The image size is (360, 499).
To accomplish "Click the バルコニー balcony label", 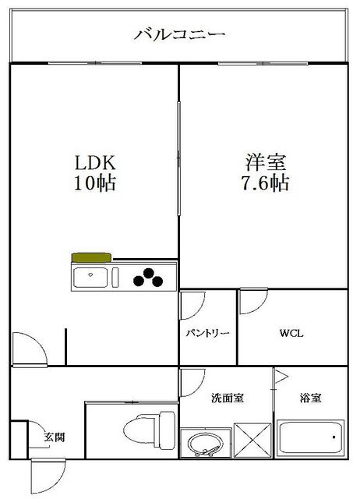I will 180,34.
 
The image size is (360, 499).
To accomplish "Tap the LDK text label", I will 95,165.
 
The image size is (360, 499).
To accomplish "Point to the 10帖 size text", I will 95,185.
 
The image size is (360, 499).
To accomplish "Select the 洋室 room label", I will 266,165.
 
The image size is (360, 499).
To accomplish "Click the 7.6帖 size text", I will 266,185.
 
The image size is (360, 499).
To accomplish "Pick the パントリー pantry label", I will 207,333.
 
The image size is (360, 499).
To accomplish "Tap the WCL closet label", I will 291,333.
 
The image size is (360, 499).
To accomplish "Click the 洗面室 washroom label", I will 228,398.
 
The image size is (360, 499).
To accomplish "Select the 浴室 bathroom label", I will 311,398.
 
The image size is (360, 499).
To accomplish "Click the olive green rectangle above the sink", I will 91,257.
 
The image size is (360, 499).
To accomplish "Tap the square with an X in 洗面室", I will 252,441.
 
